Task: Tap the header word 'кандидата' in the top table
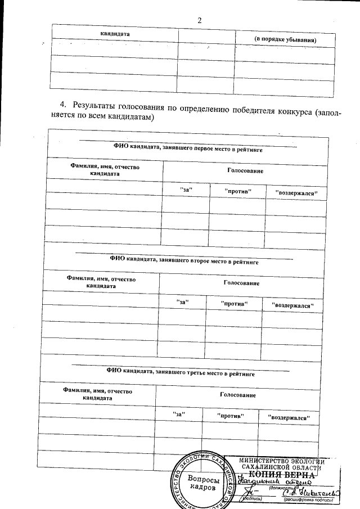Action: pyautogui.click(x=115, y=34)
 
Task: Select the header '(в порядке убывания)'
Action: pyautogui.click(x=285, y=40)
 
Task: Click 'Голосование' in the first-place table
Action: pyautogui.click(x=245, y=170)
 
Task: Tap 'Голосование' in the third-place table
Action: pyautogui.click(x=238, y=395)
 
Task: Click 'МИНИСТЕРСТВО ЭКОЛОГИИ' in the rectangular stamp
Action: pyautogui.click(x=278, y=461)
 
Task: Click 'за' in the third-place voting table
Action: pyautogui.click(x=178, y=415)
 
